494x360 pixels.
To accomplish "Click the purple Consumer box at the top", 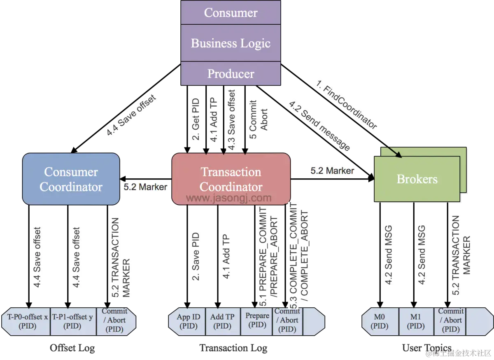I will pos(231,12).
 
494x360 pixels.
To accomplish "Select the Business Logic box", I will pos(231,43).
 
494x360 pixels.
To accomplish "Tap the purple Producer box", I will pos(231,74).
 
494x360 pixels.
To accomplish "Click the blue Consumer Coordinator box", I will pos(71,179).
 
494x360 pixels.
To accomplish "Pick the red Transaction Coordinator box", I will pos(231,179).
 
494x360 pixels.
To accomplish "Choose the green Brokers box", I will pos(417,179).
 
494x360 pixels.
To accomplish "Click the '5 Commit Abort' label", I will pos(259,120).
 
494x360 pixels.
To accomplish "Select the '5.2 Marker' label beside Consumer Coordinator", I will pos(145,187).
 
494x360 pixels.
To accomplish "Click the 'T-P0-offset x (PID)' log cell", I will pos(28,321).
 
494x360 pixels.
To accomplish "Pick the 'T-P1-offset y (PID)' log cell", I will pos(73,321).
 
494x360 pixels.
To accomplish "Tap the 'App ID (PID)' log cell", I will pos(188,321).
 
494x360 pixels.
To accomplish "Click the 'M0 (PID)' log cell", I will pos(380,321).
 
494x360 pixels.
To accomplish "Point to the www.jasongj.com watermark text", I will pos(229,198).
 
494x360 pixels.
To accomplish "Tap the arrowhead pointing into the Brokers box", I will pos(399,156).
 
